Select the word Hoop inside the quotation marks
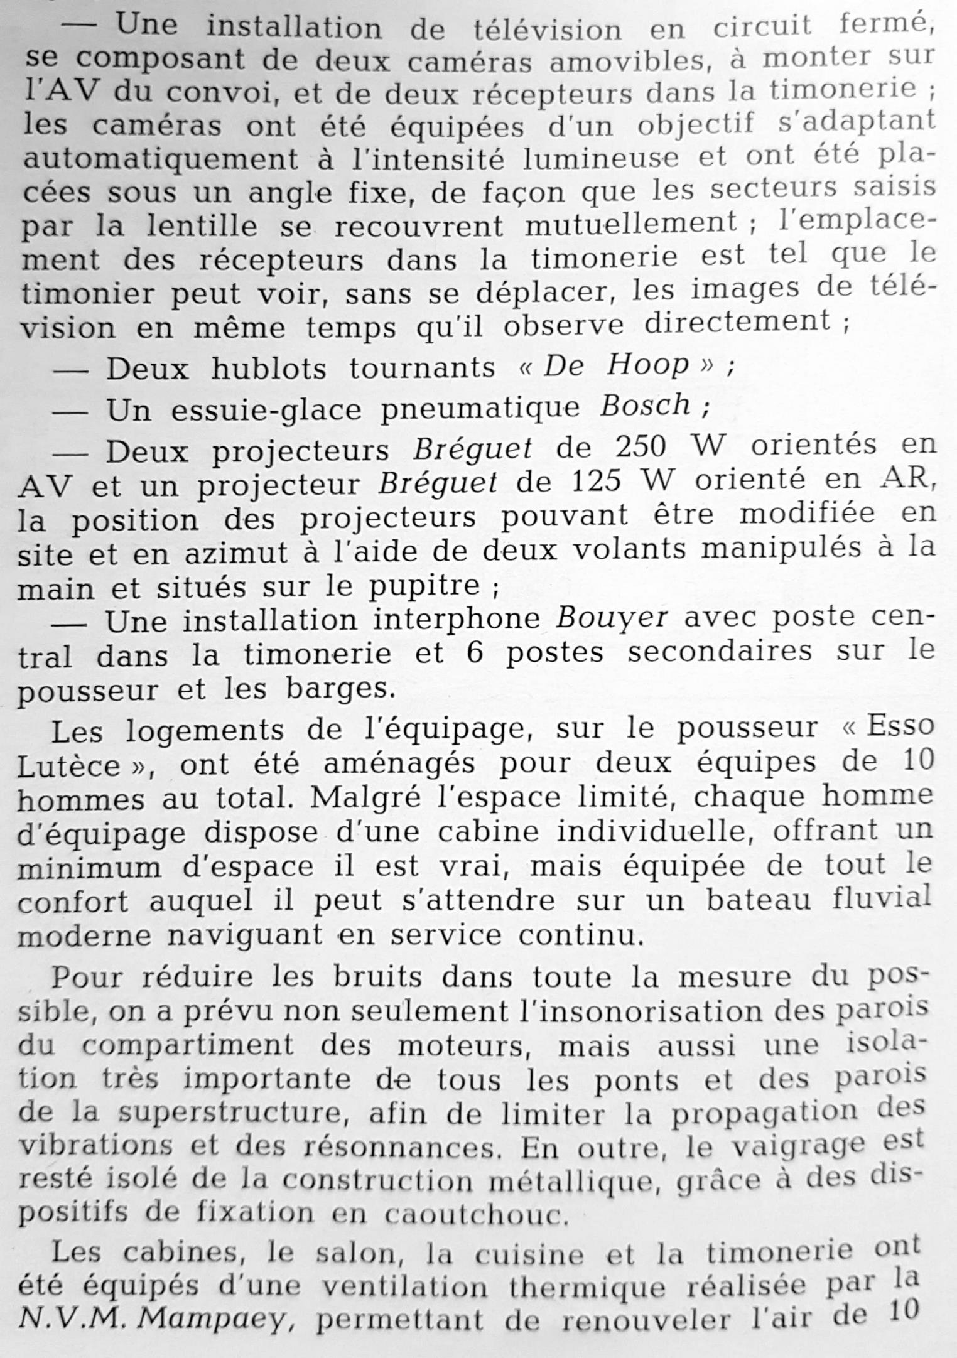pyautogui.click(x=647, y=365)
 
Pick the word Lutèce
pyautogui.click(x=69, y=765)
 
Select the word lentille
pyautogui.click(x=202, y=225)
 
